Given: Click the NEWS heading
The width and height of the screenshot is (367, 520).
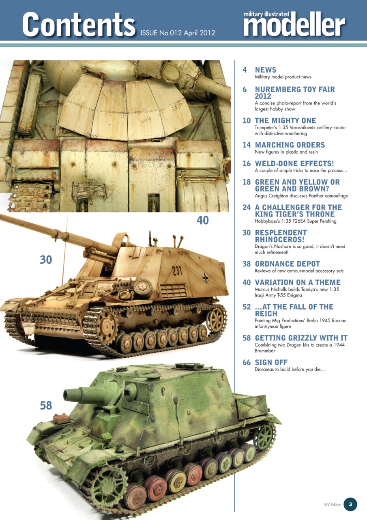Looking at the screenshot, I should pos(265,70).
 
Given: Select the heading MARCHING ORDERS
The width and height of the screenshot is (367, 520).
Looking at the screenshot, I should pos(290,145).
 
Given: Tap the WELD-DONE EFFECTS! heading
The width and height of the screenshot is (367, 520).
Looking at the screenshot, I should pos(294,164).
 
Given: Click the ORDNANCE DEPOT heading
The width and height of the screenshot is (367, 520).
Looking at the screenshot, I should pos(287,264).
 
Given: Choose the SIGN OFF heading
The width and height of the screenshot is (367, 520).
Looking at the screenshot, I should pos(271,362).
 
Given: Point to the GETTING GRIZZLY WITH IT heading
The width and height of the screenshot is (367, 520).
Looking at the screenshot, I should pos(301,338).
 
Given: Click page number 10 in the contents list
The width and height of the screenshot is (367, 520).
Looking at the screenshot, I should pos(247,121).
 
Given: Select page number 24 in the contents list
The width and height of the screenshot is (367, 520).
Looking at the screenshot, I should pos(247,208).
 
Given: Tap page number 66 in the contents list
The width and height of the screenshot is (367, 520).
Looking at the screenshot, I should pos(247,362).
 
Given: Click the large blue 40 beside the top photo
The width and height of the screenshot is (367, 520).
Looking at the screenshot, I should pos(202,220).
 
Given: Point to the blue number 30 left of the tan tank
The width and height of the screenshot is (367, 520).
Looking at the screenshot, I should pos(46,259).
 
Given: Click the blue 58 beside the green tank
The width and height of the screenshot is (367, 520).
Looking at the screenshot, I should pos(46,405).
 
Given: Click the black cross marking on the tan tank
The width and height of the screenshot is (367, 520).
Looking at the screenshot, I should pos(206,278).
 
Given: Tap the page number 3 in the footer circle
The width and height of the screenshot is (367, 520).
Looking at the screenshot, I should pos(350,504).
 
